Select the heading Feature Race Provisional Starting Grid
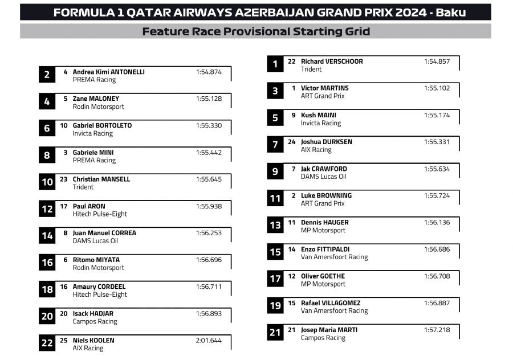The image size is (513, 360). [256, 31]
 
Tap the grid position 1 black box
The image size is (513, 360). [275, 64]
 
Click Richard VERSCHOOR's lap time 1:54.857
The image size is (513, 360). [437, 62]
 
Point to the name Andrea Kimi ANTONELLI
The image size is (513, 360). [108, 72]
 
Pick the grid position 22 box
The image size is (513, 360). [47, 343]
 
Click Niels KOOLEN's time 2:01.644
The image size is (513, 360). [209, 341]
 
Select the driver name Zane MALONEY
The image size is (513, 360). [96, 99]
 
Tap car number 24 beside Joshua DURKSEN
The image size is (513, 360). [291, 142]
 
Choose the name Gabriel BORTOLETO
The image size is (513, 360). [102, 125]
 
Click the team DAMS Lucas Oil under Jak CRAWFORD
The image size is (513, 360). [323, 177]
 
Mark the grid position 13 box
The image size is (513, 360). [275, 226]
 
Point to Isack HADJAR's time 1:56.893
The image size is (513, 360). [209, 313]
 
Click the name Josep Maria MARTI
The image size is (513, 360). [329, 330]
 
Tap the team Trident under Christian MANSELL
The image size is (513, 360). [83, 187]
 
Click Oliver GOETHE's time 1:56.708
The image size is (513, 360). [437, 276]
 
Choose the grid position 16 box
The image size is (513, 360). [47, 263]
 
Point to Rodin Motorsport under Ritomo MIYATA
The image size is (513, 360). [98, 268]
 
